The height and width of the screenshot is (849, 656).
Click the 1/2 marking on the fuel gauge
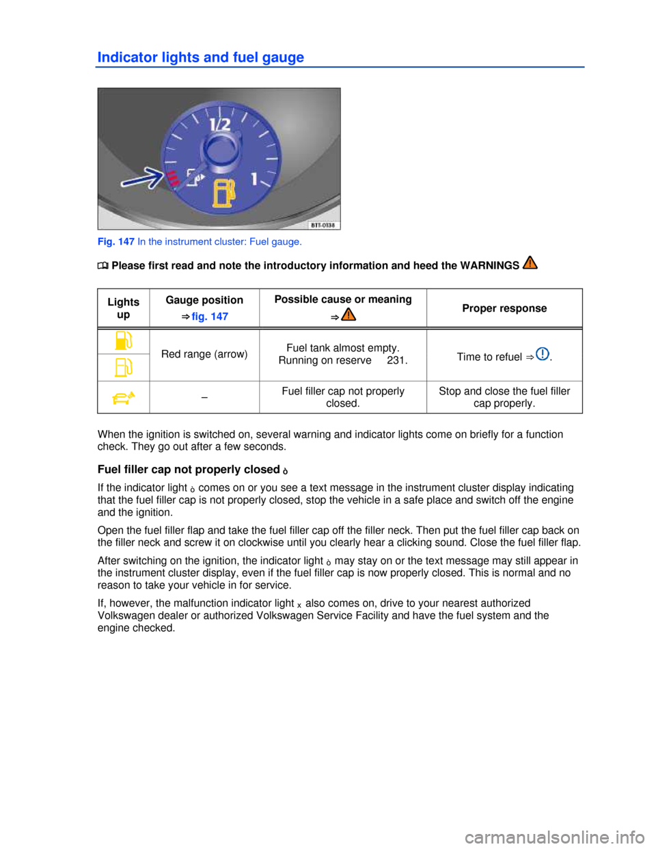[x=220, y=125]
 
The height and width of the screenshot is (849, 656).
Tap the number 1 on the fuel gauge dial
[x=254, y=179]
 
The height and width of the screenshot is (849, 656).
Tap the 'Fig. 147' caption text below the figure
[x=116, y=242]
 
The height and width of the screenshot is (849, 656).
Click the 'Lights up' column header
[x=124, y=308]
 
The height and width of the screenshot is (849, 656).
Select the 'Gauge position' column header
[x=204, y=300]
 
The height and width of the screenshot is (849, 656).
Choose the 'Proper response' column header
[x=504, y=308]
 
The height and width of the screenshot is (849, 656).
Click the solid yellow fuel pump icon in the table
[x=124, y=340]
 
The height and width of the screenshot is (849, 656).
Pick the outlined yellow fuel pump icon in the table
[x=124, y=367]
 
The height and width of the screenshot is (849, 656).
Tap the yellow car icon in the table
[x=124, y=397]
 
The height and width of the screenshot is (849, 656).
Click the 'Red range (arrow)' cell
[x=204, y=354]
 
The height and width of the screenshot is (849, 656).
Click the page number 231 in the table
[x=397, y=360]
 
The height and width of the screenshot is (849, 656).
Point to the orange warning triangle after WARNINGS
[x=530, y=262]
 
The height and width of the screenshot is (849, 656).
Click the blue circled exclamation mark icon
[x=543, y=354]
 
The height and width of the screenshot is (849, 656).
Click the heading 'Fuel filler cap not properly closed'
[x=189, y=469]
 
